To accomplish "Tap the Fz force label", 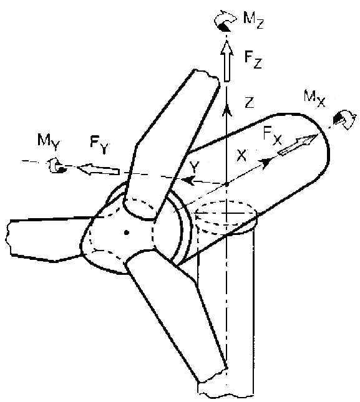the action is [x=253, y=60].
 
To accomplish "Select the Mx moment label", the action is [x=314, y=98].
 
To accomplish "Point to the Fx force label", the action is [x=273, y=136].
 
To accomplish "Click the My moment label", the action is [x=49, y=143].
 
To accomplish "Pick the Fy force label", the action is [x=100, y=145].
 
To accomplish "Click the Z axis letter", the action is [x=249, y=103].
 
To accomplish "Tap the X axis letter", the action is [x=241, y=155].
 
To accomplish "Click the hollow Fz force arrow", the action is [x=227, y=61].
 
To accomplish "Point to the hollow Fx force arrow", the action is [x=298, y=145].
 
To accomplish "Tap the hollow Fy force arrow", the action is [x=99, y=169].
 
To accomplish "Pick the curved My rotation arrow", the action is [x=55, y=166].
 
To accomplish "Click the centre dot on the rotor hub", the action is [x=126, y=232].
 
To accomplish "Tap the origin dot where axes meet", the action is [x=226, y=184].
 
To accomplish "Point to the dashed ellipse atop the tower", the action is [x=226, y=201].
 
